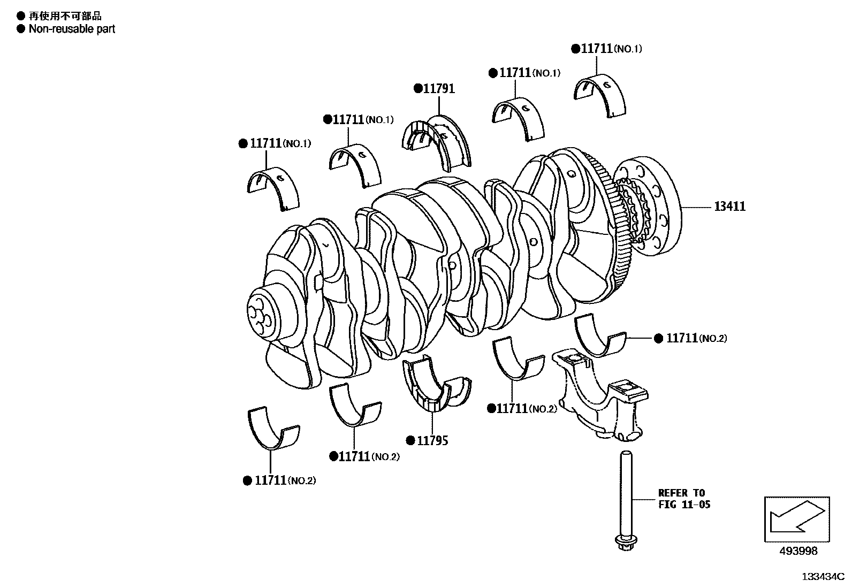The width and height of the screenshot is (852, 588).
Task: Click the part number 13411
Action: (x=729, y=207)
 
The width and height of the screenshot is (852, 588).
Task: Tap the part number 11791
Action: (x=439, y=89)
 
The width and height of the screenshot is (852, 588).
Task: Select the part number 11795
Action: (x=432, y=440)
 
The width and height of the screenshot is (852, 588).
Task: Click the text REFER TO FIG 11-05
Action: (x=684, y=499)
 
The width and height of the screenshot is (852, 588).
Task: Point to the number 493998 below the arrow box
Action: (x=798, y=551)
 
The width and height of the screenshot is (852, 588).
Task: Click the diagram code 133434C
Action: (x=823, y=577)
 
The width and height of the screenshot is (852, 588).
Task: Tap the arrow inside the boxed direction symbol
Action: (x=796, y=516)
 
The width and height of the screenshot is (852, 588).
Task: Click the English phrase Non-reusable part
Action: (x=72, y=29)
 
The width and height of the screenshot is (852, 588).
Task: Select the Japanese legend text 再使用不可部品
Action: (x=65, y=16)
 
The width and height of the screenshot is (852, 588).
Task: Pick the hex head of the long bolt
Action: (x=626, y=543)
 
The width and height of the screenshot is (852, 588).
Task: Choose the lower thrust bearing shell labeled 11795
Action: (x=437, y=384)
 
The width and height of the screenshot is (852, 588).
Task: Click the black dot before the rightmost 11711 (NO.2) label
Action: (x=659, y=339)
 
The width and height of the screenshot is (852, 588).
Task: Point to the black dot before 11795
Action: (x=410, y=441)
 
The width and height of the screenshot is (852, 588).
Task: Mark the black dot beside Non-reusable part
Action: (x=20, y=29)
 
